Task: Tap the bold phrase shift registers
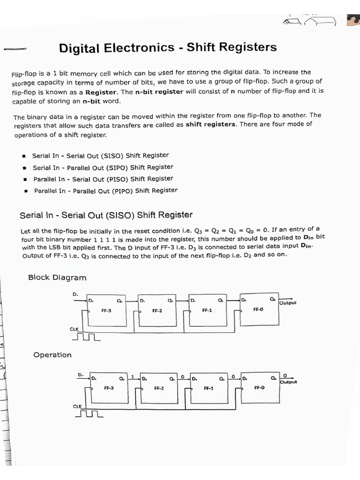click(210, 125)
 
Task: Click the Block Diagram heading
click(57, 277)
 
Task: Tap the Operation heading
click(52, 355)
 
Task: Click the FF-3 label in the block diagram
click(106, 311)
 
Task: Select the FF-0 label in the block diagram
click(258, 309)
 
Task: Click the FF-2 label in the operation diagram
click(158, 388)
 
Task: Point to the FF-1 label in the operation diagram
click(209, 388)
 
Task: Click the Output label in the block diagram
click(288, 303)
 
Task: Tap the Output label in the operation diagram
click(288, 382)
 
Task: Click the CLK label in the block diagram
click(74, 329)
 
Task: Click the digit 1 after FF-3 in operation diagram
click(133, 376)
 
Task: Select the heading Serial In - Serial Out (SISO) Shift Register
click(106, 215)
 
